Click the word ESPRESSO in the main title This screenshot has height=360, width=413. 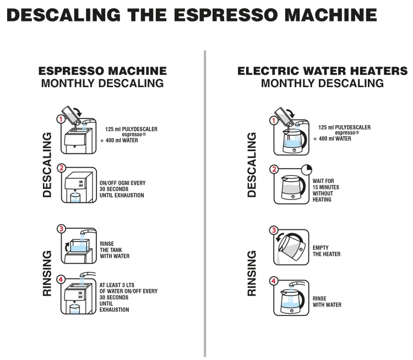coord(226,15)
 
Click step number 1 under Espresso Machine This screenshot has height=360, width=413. coord(61,119)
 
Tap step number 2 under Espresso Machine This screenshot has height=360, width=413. coord(61,168)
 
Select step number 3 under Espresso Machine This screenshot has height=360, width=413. coord(61,228)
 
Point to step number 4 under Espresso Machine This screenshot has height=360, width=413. coord(61,280)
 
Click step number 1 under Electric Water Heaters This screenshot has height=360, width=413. coord(274,121)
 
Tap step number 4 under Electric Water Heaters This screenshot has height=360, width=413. coord(274,281)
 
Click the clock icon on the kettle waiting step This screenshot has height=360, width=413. coord(307,170)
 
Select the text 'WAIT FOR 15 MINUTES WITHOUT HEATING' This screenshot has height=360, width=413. coord(326,190)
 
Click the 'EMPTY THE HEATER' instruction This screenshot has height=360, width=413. coord(327,251)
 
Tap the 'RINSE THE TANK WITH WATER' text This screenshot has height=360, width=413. coord(115,250)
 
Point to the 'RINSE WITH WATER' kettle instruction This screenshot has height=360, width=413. coord(327,302)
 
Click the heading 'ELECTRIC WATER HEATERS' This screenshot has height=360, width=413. coord(322,71)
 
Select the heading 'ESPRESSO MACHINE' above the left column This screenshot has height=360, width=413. coord(102,71)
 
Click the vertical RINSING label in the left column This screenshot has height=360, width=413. coord(47,273)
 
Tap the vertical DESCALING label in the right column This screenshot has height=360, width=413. coord(252,165)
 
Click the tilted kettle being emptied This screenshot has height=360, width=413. coord(291,247)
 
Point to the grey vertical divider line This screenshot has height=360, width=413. coord(205,203)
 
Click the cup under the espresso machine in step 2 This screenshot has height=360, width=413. coord(75,198)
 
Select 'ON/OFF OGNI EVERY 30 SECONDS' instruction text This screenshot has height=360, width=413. coord(122,186)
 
